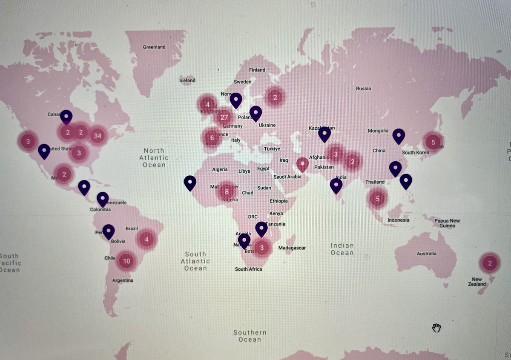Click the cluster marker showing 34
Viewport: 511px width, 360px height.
click(98, 136)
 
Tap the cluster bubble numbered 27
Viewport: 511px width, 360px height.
click(224, 117)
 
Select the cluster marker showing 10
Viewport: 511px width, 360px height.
click(126, 261)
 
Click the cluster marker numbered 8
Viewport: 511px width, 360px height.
click(227, 191)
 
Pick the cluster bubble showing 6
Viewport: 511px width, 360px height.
click(212, 138)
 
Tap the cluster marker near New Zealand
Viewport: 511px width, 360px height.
click(490, 263)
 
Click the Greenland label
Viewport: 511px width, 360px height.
click(154, 47)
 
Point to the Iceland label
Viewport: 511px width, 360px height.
click(187, 80)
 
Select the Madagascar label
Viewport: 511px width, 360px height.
click(292, 248)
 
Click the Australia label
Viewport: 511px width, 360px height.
click(427, 254)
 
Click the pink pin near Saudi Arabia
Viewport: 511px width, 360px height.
click(302, 164)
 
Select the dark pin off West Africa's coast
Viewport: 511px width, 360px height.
click(190, 183)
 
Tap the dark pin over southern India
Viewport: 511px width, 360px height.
click(336, 185)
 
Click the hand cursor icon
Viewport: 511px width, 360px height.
click(436, 328)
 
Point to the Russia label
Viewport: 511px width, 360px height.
click(363, 89)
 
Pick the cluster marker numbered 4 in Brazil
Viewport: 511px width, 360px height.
click(146, 239)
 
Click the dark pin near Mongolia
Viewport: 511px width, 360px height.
click(398, 136)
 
